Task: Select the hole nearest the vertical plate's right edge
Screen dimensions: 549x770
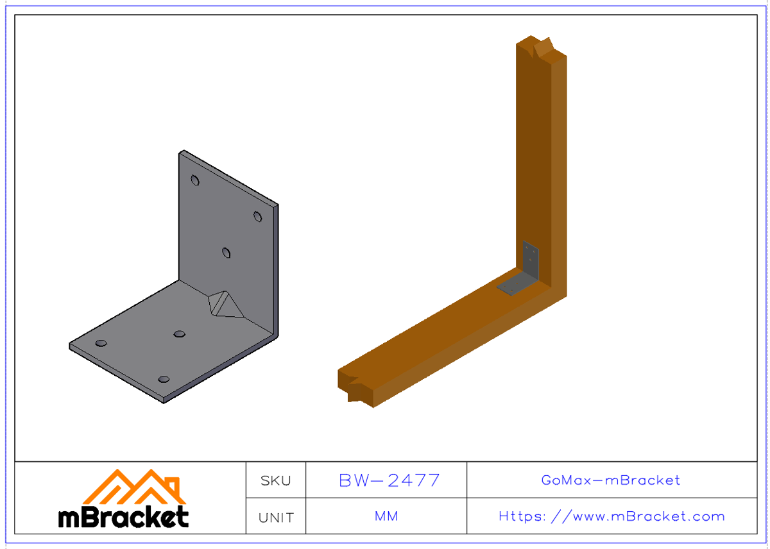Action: [257, 217]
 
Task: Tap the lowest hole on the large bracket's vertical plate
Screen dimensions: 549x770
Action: [227, 253]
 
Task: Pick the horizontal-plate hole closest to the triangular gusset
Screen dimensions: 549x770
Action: [180, 334]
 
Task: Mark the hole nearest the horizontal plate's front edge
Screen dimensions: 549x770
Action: [164, 380]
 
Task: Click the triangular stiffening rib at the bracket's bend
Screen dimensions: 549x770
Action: [225, 303]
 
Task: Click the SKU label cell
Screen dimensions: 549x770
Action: [276, 480]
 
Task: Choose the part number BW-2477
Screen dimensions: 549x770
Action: [389, 480]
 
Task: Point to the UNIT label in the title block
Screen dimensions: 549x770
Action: [276, 517]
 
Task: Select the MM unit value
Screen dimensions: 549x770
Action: [386, 516]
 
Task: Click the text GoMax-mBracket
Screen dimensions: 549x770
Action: [611, 480]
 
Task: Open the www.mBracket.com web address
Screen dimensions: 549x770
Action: [612, 516]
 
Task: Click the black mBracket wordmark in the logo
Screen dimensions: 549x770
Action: [124, 517]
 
